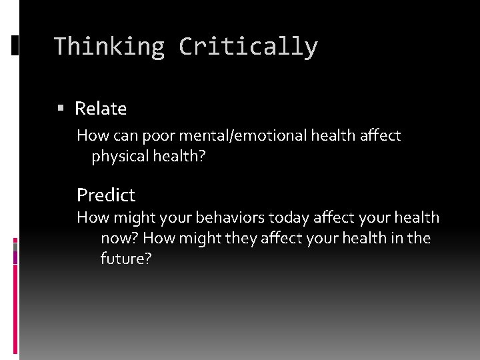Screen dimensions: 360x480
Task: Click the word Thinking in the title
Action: pyautogui.click(x=109, y=47)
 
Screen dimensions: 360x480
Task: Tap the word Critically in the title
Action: pyautogui.click(x=248, y=47)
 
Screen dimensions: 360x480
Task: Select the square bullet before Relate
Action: pyautogui.click(x=61, y=108)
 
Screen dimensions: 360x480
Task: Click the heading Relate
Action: pyautogui.click(x=101, y=108)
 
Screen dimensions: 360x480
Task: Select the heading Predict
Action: pyautogui.click(x=106, y=195)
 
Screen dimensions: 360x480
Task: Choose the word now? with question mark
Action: pyautogui.click(x=119, y=238)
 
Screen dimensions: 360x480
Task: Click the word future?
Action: pyautogui.click(x=126, y=259)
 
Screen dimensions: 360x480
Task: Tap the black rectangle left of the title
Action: pyautogui.click(x=15, y=45)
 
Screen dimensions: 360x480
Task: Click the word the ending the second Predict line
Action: pyautogui.click(x=419, y=238)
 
